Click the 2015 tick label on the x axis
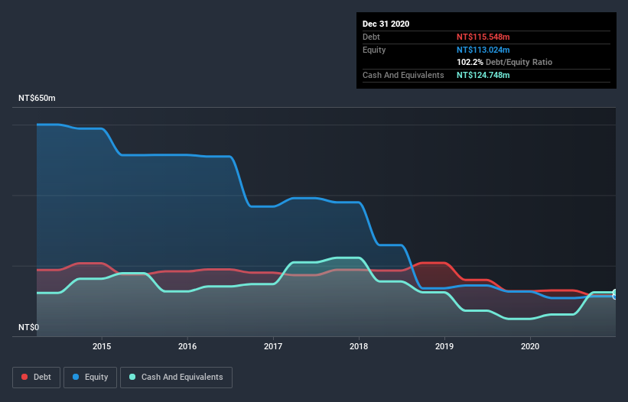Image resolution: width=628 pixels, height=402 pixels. (102, 346)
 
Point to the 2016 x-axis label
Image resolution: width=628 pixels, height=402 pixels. (187, 346)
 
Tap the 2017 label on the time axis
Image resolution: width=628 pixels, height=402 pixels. (273, 346)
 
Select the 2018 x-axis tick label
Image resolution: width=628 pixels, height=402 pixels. (359, 346)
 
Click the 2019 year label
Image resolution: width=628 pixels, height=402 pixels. (444, 346)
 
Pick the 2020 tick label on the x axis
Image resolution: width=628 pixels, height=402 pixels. (530, 346)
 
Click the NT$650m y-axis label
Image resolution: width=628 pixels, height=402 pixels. (37, 99)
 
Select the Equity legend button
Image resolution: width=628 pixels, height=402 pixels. (90, 377)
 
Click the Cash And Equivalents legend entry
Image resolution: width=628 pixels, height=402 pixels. (176, 377)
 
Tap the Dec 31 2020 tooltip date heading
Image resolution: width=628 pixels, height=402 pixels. (386, 24)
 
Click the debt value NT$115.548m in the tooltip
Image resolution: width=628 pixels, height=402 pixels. (483, 37)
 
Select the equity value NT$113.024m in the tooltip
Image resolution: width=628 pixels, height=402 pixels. (483, 50)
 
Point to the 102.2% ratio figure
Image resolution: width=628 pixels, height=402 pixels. (470, 62)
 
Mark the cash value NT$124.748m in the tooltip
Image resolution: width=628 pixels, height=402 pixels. (483, 75)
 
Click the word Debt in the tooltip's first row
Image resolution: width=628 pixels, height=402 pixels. (372, 37)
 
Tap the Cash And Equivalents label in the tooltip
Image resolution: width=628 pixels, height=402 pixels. (403, 75)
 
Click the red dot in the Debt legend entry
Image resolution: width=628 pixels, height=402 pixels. (24, 377)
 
